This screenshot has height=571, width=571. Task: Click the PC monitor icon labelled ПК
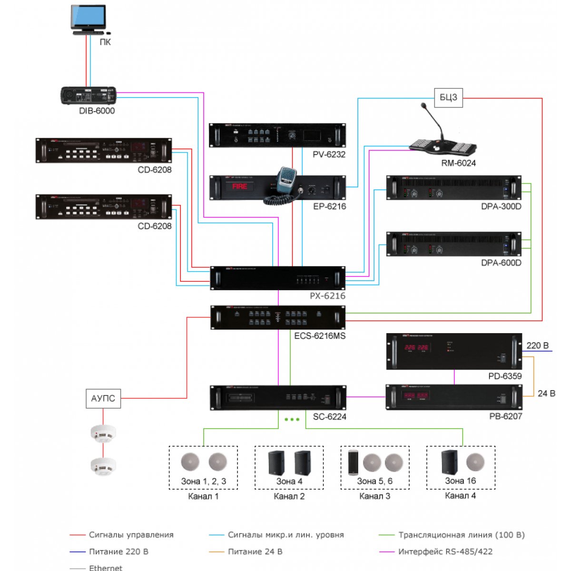[88, 20]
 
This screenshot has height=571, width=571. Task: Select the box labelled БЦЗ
[448, 98]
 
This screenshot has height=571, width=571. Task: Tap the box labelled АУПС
[103, 398]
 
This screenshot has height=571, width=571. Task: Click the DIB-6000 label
[97, 111]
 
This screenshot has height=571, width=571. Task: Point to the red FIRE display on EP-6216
[239, 187]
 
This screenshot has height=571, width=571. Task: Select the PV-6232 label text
[329, 154]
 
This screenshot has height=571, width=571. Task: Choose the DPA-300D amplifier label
[501, 206]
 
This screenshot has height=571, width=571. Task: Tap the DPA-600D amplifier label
[501, 263]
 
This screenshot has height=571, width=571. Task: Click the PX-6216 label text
[327, 295]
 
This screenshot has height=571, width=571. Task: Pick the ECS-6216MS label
[320, 336]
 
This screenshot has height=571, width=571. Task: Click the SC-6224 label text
[329, 417]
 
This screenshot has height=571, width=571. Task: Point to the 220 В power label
[538, 345]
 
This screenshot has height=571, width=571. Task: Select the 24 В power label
[546, 394]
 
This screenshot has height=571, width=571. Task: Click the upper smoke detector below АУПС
[103, 433]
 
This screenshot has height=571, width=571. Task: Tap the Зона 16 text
[460, 481]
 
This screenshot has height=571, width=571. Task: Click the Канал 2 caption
[289, 496]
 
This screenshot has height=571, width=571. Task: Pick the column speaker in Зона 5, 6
[353, 463]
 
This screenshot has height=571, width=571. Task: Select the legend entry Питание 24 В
[255, 551]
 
